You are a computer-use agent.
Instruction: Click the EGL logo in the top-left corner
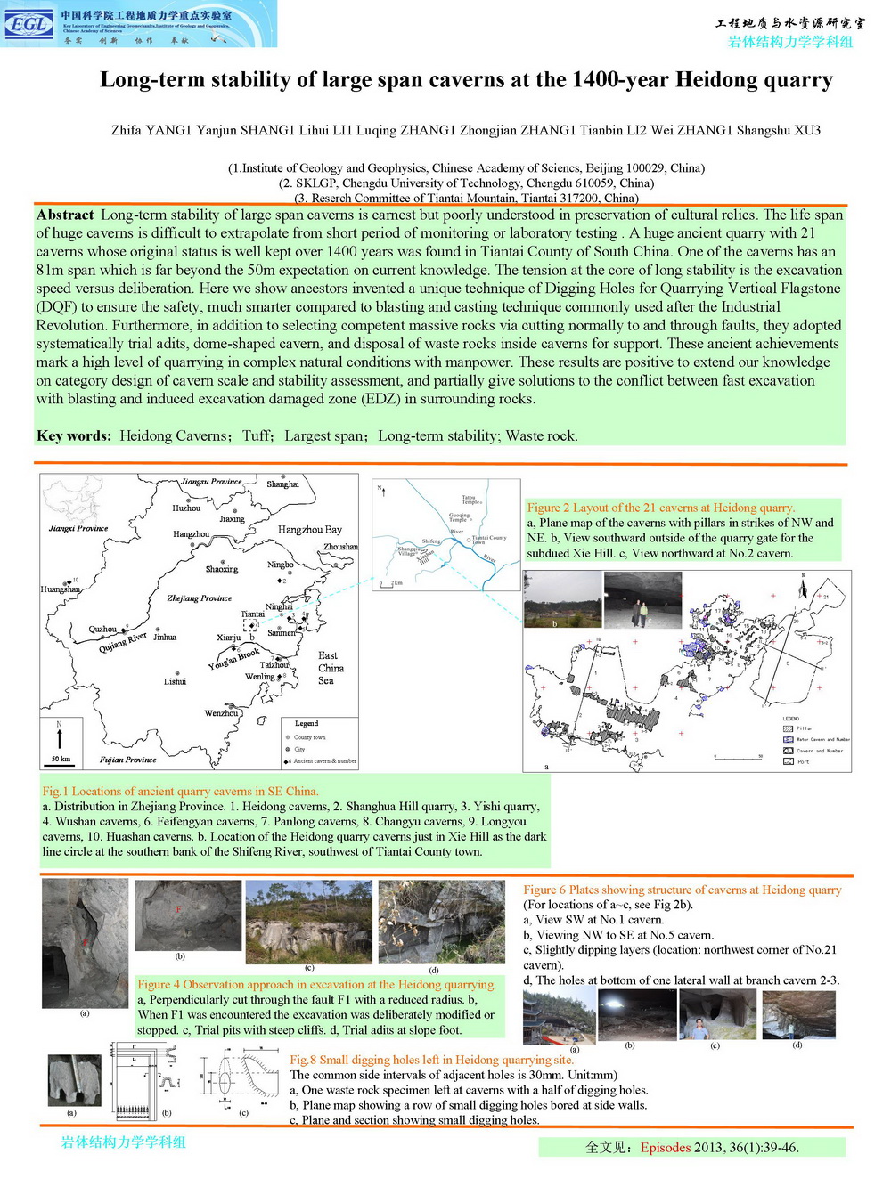coord(29,24)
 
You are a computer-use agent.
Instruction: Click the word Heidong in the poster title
coord(716,80)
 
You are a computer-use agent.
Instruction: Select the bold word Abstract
coord(65,215)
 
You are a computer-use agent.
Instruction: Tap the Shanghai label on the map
coord(282,484)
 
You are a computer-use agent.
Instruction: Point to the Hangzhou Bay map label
coord(309,529)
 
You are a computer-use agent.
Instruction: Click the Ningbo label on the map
coord(280,565)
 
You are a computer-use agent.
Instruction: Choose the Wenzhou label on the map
coord(221,713)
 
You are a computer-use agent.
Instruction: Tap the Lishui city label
coord(175,681)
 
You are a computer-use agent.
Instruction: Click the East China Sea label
coord(331,668)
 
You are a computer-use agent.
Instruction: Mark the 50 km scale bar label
coord(61,760)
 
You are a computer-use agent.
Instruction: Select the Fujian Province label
coord(127,760)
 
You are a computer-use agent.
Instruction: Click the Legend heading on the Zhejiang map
coord(307,723)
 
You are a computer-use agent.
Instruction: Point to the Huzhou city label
coord(186,508)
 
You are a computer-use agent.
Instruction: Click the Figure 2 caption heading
coord(660,508)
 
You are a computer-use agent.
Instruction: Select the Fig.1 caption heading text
coord(180,791)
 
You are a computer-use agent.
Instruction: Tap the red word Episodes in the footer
coord(666,1147)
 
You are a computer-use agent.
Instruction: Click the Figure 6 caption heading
coord(682,890)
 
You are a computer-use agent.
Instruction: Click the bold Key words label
coord(74,435)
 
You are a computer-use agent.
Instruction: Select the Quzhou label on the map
coord(102,629)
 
